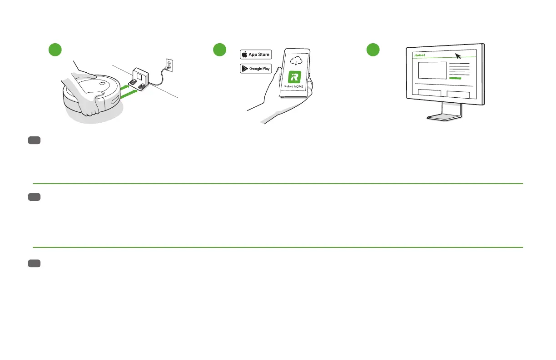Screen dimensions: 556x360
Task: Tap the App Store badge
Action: click(x=255, y=55)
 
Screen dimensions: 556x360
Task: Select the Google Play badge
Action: click(x=255, y=69)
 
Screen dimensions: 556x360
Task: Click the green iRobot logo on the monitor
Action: click(x=419, y=55)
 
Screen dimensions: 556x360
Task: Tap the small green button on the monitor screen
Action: click(x=455, y=79)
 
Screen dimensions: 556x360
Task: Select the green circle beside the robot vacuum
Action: click(x=55, y=50)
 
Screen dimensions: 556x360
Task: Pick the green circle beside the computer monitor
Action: click(x=373, y=50)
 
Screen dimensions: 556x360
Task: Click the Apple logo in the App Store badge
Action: click(x=245, y=55)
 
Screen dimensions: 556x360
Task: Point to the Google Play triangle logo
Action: click(x=245, y=69)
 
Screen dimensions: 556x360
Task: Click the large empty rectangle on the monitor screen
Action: click(x=432, y=70)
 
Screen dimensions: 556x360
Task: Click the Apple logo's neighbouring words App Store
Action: click(x=259, y=55)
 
